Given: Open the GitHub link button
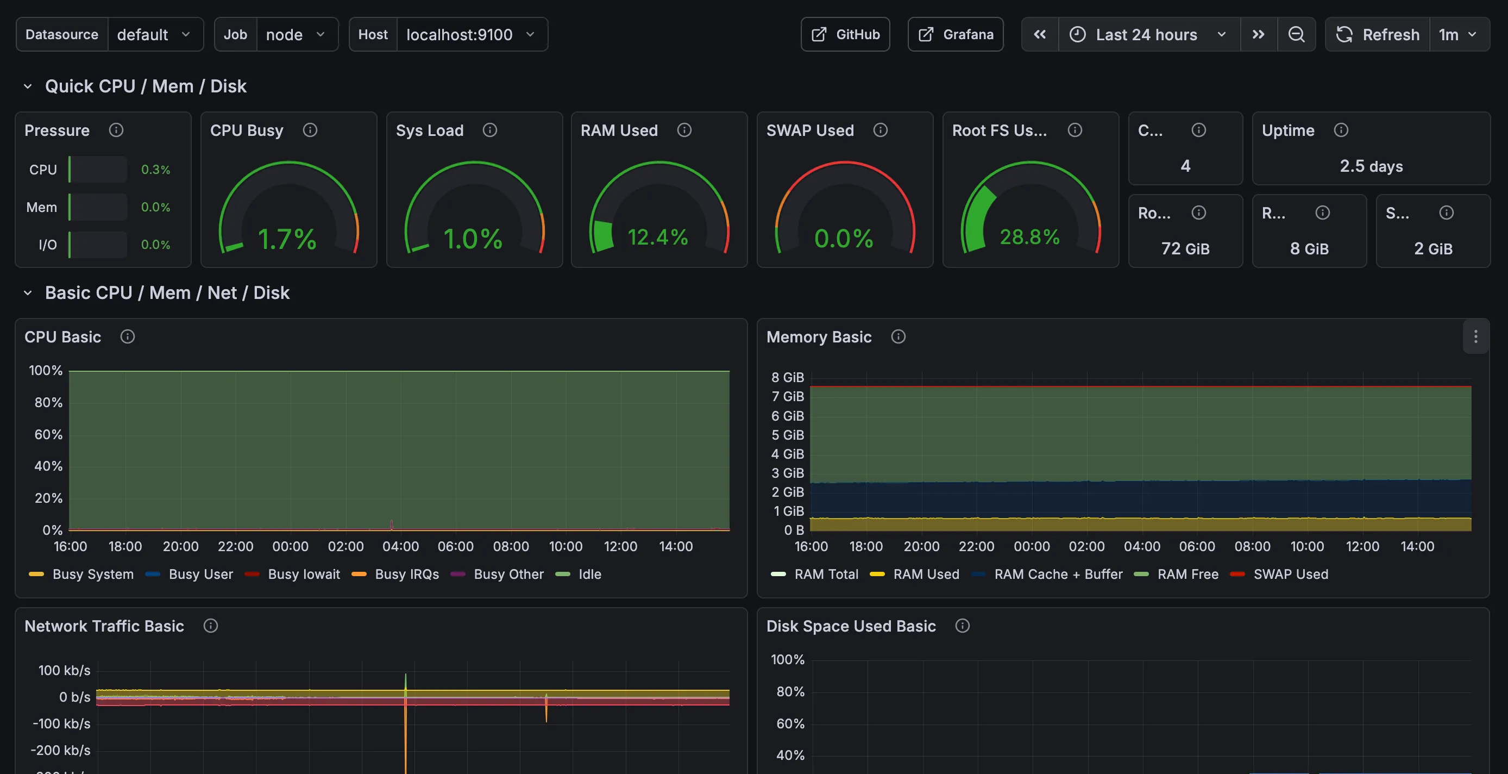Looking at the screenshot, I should coord(845,35).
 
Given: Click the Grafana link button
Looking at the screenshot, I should coord(956,35).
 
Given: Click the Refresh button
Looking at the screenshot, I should coord(1378,35).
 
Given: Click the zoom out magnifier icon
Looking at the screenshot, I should coord(1296,35).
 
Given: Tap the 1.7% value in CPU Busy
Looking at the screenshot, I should coord(287,239).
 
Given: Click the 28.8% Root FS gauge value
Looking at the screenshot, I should coord(1029,238).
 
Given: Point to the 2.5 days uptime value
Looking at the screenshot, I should coord(1371,166).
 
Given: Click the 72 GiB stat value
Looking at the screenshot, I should coord(1185,249).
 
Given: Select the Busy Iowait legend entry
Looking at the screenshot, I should coord(303,574).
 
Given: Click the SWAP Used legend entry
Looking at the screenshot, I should coord(1290,574).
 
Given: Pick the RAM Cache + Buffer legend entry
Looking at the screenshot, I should coord(1058,574).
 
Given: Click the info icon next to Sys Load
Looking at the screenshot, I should coord(489,130).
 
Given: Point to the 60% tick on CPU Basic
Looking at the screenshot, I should coord(48,434).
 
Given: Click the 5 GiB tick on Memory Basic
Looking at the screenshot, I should coord(787,435).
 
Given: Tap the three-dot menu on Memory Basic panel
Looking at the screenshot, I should coord(1475,337).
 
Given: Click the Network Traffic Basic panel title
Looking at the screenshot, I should coord(104,626).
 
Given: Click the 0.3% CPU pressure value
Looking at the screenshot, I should coord(155,170).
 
